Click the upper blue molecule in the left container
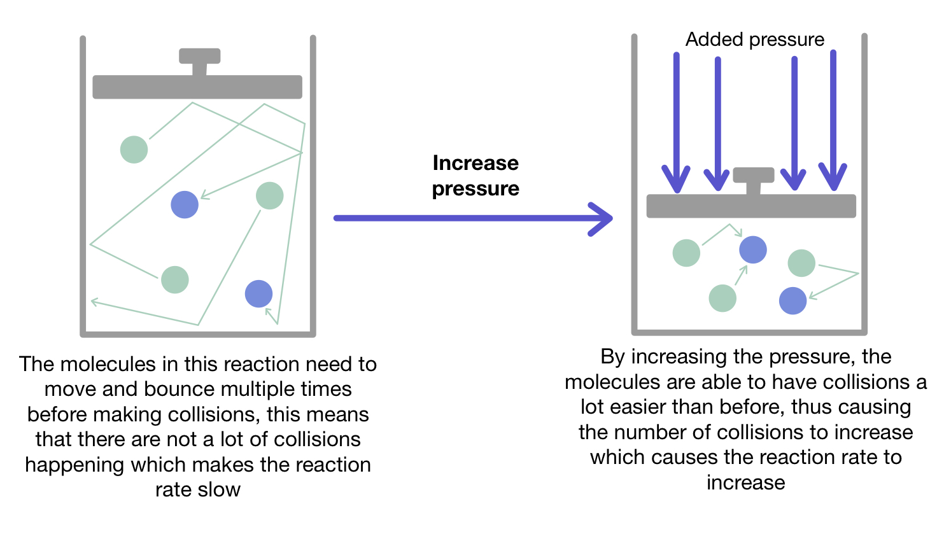[x=185, y=205]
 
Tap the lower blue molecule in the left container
[x=258, y=293]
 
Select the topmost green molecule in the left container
[x=134, y=150]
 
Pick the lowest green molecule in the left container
[x=175, y=280]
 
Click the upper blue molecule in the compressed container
[x=753, y=249]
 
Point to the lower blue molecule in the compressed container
[x=792, y=301]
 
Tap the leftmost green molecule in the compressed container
[x=686, y=253]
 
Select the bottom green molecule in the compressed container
[x=722, y=298]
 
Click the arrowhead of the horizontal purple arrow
[x=602, y=219]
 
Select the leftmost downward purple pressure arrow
[x=676, y=121]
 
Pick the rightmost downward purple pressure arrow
[x=833, y=121]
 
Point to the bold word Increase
[x=475, y=163]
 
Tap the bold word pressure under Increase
[x=475, y=189]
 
